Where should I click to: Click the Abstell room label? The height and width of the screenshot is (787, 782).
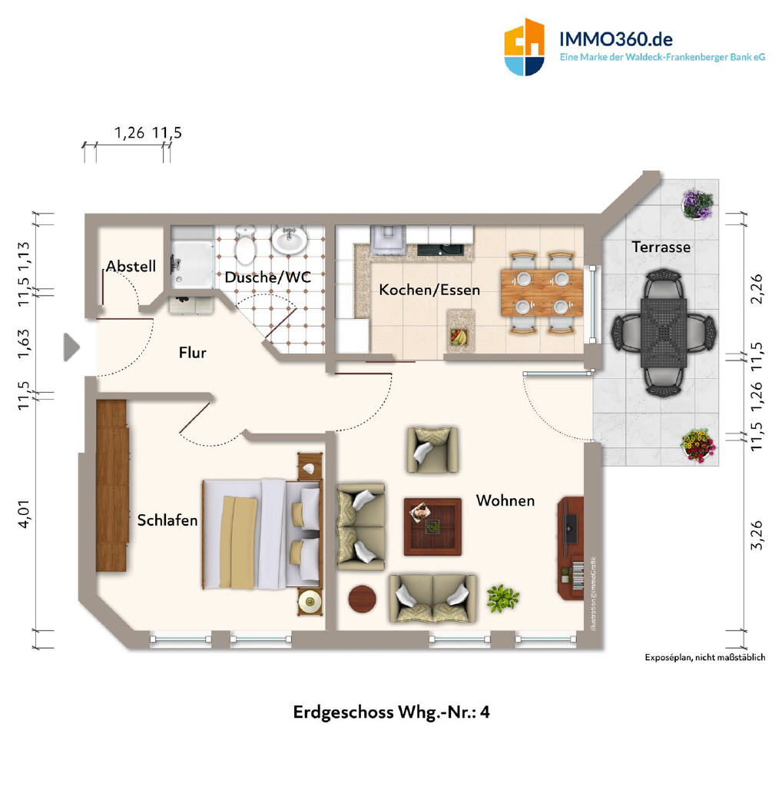point(131,266)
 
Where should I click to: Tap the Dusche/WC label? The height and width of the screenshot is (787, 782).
point(267,277)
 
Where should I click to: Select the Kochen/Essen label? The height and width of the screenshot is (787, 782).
point(429,290)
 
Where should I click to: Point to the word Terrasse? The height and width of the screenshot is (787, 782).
point(661,247)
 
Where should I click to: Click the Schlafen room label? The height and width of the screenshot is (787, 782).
point(167,520)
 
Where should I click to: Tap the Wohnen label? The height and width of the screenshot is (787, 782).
point(505,500)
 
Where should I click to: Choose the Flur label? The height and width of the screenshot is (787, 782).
point(193,352)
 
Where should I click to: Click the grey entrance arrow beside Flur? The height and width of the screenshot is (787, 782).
point(71,347)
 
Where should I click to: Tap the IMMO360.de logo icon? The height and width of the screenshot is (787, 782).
point(524,47)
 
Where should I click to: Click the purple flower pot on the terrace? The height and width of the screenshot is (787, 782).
point(698,204)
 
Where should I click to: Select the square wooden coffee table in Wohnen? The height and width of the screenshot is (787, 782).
point(432,526)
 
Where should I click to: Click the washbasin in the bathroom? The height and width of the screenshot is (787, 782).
point(289,240)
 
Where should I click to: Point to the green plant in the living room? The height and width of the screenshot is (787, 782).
point(502,598)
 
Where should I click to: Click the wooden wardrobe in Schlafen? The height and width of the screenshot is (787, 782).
point(112,486)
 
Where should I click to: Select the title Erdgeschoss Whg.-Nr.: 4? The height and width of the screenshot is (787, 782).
point(391,712)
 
